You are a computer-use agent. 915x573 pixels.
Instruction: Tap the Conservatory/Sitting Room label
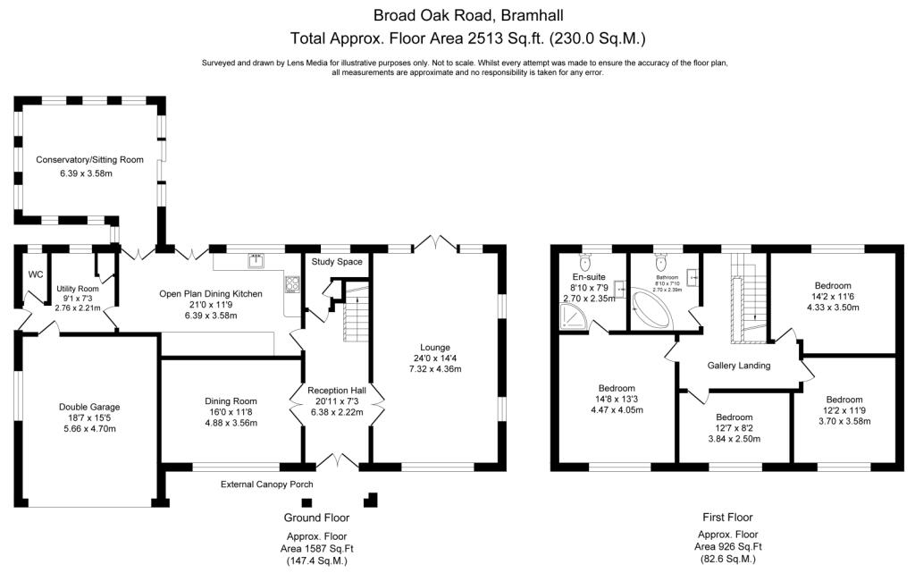point(89,160)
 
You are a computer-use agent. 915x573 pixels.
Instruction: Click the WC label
point(37,274)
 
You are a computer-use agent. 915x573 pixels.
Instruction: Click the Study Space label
point(337,262)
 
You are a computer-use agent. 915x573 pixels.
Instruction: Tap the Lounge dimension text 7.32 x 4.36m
point(436,368)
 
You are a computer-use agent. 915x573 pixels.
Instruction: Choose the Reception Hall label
point(338,391)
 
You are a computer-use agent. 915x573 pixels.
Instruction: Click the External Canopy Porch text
point(267,485)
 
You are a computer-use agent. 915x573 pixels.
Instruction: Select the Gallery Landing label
point(738,366)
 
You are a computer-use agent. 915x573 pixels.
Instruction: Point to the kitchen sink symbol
point(256,260)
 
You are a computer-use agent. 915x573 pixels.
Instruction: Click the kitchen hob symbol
point(290,284)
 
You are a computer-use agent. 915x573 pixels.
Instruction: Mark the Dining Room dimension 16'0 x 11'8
point(231,413)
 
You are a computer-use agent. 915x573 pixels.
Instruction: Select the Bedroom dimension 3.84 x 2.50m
point(735,439)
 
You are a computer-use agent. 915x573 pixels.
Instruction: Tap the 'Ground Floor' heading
point(316,518)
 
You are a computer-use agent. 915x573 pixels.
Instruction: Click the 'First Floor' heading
point(726,517)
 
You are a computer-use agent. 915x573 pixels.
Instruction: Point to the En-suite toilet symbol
point(584,262)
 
